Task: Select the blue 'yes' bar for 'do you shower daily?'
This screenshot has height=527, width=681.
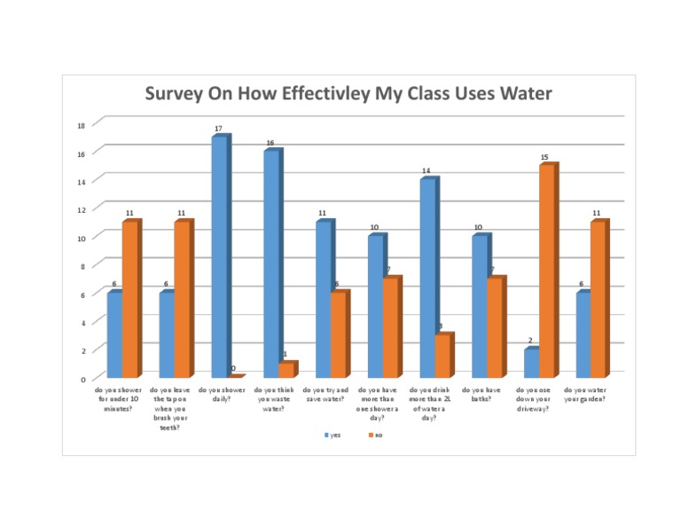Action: pyautogui.click(x=218, y=257)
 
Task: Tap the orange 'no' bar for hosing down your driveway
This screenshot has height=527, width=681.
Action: pyautogui.click(x=547, y=271)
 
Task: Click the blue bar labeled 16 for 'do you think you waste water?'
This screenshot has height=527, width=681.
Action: pyautogui.click(x=270, y=263)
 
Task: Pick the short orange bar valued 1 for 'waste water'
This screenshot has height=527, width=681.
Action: pyautogui.click(x=286, y=370)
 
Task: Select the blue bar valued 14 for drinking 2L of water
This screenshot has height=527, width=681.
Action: pyautogui.click(x=427, y=278)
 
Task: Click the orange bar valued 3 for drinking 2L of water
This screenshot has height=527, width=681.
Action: pyautogui.click(x=442, y=356)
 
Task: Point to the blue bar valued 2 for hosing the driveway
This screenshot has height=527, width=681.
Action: pyautogui.click(x=531, y=363)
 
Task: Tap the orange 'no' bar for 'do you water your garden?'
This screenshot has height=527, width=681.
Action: pyautogui.click(x=599, y=299)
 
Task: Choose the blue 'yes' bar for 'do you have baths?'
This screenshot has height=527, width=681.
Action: pyautogui.click(x=480, y=306)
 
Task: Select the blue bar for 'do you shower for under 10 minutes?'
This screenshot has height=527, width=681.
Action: pyautogui.click(x=113, y=334)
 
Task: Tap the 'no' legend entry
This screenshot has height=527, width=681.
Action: pyautogui.click(x=375, y=436)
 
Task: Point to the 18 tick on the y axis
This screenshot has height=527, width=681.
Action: pyautogui.click(x=81, y=125)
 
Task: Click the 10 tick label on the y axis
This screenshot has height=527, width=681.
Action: pyautogui.click(x=81, y=238)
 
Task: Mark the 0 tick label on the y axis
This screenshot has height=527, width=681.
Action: pyautogui.click(x=82, y=379)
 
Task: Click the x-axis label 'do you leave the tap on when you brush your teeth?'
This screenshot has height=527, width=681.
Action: pyautogui.click(x=169, y=408)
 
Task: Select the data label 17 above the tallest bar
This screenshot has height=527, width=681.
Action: pyautogui.click(x=218, y=129)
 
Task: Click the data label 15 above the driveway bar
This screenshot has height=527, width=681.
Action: pyautogui.click(x=544, y=157)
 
